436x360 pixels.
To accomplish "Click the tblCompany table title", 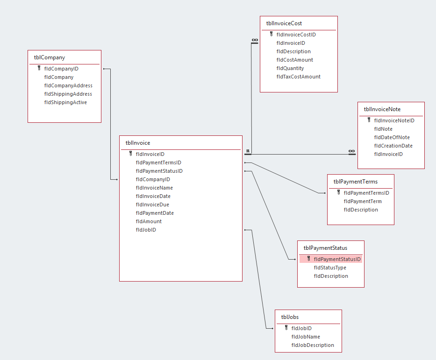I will point(50,58).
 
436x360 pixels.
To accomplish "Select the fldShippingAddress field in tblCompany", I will point(68,94).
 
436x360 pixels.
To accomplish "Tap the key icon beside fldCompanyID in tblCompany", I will point(39,68).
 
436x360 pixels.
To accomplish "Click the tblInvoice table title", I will point(138,143).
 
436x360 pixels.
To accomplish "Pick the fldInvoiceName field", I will point(154,188).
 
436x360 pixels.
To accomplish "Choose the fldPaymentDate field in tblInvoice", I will point(155,213).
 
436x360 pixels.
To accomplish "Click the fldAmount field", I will point(149,221).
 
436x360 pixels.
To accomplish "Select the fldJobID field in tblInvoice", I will point(146,230).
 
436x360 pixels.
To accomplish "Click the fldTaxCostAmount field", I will point(299,77).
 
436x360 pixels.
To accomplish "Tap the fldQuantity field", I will point(290,68).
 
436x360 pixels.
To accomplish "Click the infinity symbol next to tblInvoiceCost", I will point(255,40).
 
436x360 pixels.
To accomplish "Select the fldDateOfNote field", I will point(392,137).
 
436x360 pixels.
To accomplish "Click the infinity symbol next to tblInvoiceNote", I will point(351,151).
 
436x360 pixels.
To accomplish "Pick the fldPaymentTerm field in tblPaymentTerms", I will point(363,201).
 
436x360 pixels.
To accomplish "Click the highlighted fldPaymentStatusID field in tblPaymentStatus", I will point(337,259).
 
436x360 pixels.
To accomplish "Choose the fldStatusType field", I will point(330,268).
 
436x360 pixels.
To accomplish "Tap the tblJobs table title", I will point(290,318).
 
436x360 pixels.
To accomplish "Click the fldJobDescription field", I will point(313,345).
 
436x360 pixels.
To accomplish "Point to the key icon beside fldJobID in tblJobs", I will point(286,328).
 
